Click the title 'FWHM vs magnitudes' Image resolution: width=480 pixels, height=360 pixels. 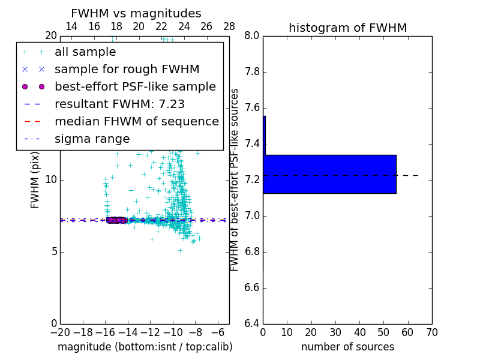click(x=136, y=14)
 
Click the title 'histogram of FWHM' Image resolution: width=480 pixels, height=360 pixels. click(x=347, y=28)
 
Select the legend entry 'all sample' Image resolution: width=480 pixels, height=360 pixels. click(x=85, y=52)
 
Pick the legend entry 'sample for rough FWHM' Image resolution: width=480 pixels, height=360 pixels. click(x=127, y=70)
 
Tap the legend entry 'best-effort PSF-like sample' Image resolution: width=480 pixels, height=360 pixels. click(x=135, y=87)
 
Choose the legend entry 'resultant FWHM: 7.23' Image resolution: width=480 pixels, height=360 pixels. click(x=119, y=104)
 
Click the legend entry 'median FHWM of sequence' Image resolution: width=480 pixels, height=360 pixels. click(x=136, y=122)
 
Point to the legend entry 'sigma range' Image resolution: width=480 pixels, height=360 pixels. click(x=92, y=139)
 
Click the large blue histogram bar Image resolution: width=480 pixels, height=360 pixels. click(x=329, y=174)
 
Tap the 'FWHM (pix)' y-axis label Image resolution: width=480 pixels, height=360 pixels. click(x=35, y=179)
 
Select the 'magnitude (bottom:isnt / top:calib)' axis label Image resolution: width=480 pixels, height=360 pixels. click(x=145, y=347)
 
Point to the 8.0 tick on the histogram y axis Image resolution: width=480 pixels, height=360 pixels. click(x=252, y=36)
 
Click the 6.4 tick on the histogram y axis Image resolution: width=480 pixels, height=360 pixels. click(x=252, y=324)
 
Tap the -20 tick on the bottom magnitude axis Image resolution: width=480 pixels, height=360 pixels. click(x=60, y=332)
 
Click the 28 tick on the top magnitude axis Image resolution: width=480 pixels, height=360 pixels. click(x=229, y=26)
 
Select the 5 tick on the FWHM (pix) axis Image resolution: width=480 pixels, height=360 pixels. click(x=53, y=252)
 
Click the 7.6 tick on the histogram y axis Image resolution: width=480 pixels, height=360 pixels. click(x=252, y=108)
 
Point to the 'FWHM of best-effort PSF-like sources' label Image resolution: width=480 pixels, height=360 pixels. click(x=235, y=179)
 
